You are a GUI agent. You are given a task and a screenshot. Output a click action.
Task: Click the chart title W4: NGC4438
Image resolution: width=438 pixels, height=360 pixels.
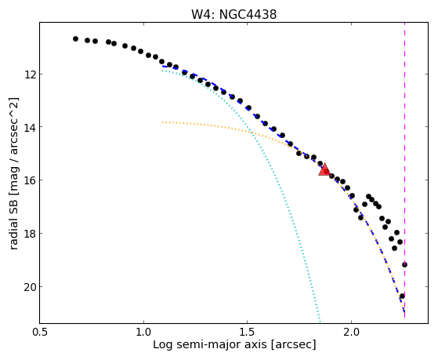click(233, 14)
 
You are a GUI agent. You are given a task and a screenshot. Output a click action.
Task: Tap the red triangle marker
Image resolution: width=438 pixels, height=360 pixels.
click(324, 169)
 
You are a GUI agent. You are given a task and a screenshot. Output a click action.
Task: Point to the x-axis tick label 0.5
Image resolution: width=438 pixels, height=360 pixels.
click(41, 332)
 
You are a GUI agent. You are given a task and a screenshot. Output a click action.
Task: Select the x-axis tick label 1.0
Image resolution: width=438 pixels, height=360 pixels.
click(143, 332)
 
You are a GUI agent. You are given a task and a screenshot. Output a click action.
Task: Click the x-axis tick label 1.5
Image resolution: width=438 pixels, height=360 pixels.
click(248, 332)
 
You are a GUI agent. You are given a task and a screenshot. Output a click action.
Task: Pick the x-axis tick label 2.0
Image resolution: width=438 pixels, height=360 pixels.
click(351, 332)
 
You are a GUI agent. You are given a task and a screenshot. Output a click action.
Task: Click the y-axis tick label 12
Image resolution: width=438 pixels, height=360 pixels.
click(30, 75)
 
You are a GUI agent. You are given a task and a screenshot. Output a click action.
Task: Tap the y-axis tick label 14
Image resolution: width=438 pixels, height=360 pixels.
click(30, 127)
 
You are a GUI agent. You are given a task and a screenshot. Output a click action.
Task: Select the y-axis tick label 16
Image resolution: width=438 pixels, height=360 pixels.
click(30, 180)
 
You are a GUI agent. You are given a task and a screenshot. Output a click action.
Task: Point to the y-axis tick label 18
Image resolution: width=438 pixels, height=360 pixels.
click(30, 233)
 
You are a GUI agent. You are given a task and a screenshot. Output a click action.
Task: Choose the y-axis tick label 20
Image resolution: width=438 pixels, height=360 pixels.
click(30, 287)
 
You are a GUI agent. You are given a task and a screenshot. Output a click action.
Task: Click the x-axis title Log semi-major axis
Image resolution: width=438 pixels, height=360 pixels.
click(209, 344)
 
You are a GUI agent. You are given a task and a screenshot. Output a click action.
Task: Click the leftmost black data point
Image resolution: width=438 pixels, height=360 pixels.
click(75, 39)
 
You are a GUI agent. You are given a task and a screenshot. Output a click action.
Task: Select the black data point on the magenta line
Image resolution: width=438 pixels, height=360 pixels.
click(404, 264)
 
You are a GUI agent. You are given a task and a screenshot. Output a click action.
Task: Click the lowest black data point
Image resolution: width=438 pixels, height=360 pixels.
click(402, 296)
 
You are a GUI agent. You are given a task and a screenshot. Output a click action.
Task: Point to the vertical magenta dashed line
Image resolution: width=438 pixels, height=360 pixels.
click(405, 170)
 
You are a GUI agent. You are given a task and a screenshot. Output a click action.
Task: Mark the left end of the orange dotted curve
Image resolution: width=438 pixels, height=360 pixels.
click(162, 122)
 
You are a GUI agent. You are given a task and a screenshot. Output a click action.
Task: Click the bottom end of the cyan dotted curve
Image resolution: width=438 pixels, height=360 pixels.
click(320, 322)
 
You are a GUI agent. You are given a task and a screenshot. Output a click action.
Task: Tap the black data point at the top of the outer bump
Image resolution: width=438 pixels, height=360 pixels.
click(369, 196)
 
